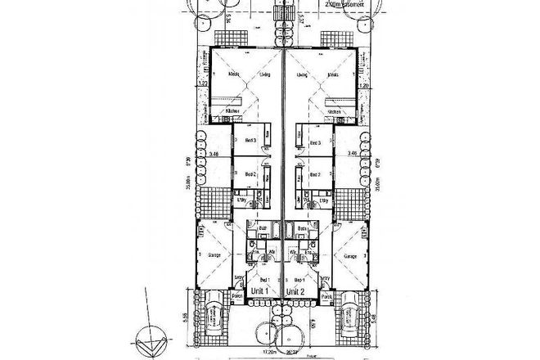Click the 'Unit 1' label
(261, 290)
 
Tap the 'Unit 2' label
(296, 290)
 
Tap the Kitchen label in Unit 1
(221, 111)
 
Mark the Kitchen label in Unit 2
(335, 111)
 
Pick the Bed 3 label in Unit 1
(251, 141)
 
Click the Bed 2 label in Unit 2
(315, 173)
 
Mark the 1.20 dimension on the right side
(366, 84)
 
